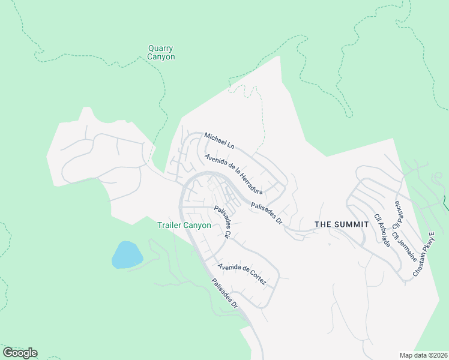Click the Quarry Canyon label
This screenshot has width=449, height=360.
pos(161,53)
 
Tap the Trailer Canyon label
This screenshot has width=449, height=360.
pos(184,225)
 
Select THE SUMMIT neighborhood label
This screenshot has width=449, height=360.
pos(342,224)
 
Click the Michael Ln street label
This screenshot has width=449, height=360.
pos(219,142)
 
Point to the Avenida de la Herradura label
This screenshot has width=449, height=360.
pos(234,174)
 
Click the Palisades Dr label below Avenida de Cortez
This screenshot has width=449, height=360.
pos(225,293)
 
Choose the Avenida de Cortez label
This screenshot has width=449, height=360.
pos(242,274)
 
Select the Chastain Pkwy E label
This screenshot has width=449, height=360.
pos(423,253)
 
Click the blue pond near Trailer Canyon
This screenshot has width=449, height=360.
pos(127,255)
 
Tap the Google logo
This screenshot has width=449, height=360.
pos(20,353)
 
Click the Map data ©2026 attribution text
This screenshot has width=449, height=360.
pos(423,355)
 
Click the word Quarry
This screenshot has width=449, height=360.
pos(161,49)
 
